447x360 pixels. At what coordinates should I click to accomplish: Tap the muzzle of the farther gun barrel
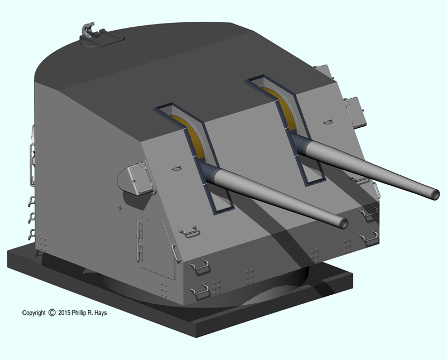pos(435,195)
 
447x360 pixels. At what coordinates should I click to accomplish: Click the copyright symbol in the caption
pos(52,313)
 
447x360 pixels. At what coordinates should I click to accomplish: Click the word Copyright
pos(34,313)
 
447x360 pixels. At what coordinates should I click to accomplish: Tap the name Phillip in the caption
pos(79,313)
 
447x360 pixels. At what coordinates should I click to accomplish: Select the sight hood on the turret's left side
pos(137,179)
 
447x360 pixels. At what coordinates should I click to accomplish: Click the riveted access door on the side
pos(156,247)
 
